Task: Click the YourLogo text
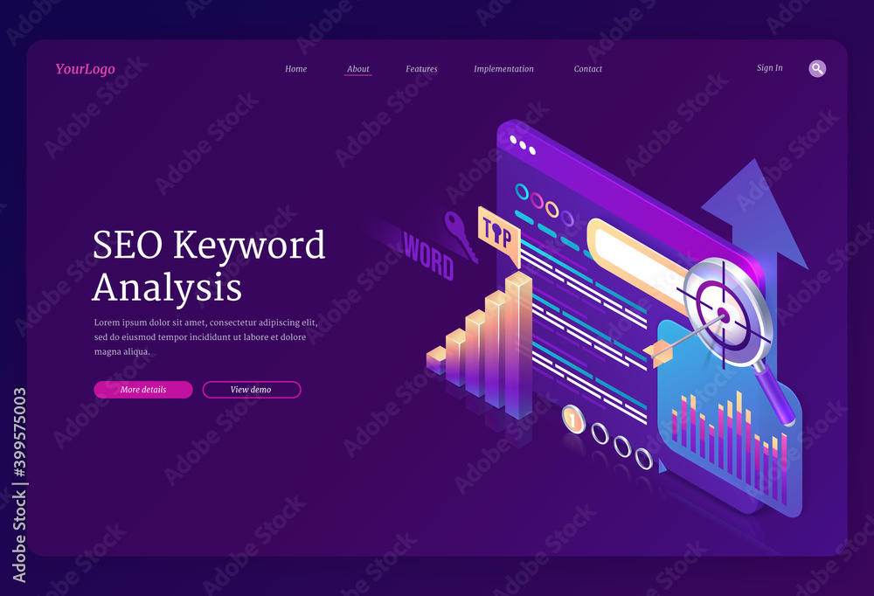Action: click(x=85, y=69)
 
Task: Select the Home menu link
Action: click(x=296, y=69)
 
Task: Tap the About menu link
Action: click(x=357, y=69)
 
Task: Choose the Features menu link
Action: click(x=421, y=69)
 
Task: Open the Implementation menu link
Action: click(x=503, y=69)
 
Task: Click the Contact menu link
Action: click(x=588, y=69)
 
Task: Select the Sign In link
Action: click(x=769, y=68)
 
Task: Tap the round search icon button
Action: click(x=817, y=68)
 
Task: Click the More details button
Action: click(x=143, y=390)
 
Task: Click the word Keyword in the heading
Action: click(x=249, y=246)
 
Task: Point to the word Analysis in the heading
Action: click(x=168, y=287)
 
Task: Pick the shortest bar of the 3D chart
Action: click(x=436, y=359)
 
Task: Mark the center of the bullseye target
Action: click(x=723, y=313)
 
